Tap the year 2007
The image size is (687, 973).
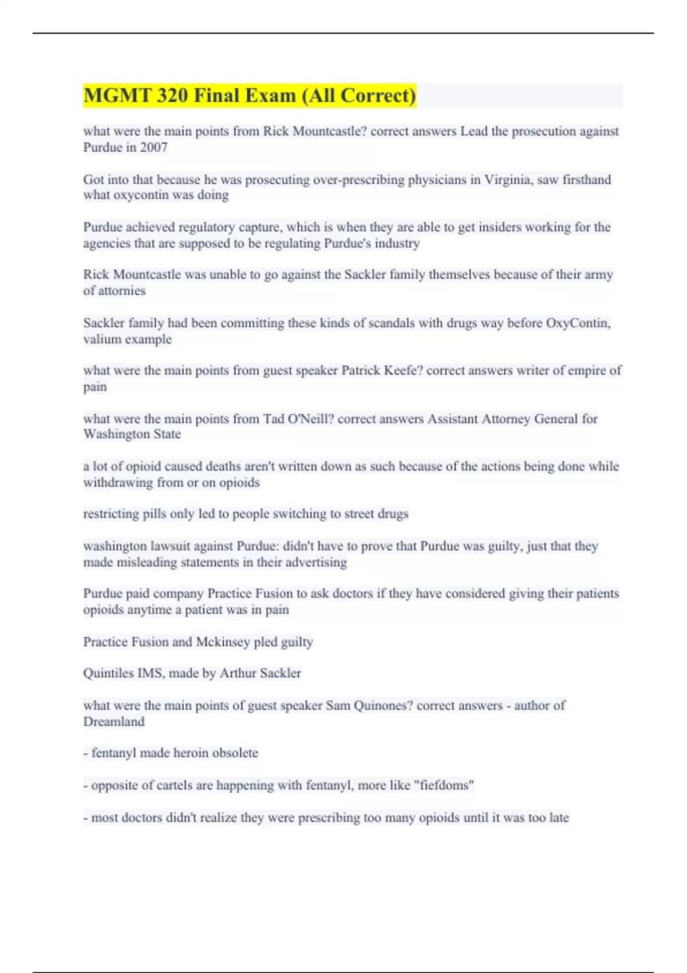point(153,148)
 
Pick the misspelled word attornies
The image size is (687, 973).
point(122,291)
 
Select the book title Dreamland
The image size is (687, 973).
point(113,722)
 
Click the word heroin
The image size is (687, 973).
point(191,753)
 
